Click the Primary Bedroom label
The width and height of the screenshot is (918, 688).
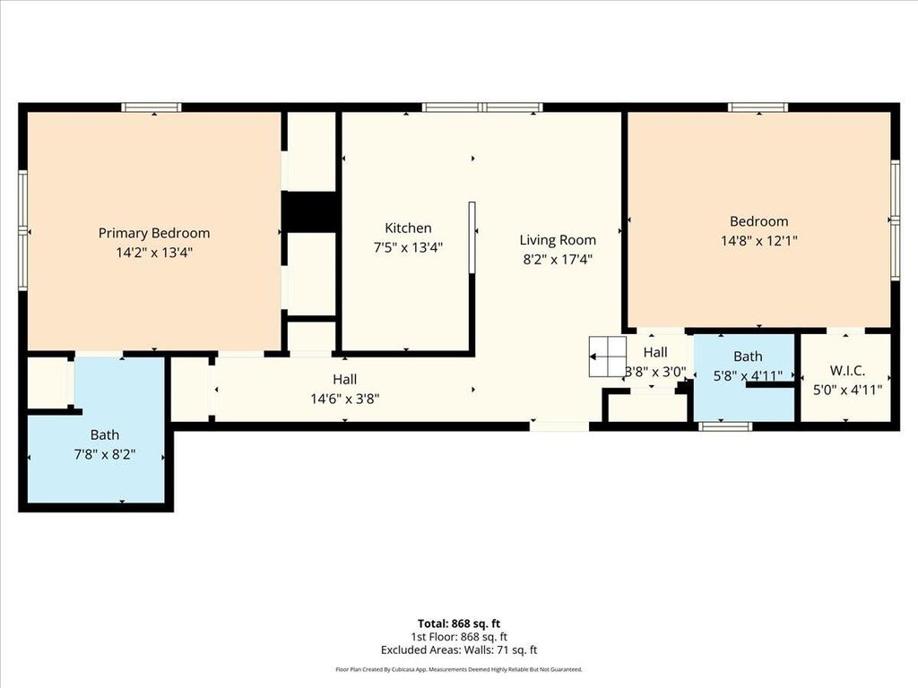(154, 234)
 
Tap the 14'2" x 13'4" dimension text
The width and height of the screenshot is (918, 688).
(154, 253)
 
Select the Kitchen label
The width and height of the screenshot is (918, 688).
(408, 228)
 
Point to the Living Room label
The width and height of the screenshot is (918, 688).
(558, 240)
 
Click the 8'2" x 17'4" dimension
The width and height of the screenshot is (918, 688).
(558, 259)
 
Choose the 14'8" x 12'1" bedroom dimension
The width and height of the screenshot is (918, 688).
(758, 240)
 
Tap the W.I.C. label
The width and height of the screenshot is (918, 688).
(847, 370)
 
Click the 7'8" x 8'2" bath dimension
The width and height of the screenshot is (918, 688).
(105, 454)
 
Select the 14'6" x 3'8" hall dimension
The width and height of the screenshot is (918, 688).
(345, 399)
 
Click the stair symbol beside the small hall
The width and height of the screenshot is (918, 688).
(608, 357)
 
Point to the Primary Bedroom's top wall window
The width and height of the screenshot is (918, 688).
(152, 107)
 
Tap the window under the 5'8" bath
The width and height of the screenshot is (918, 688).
(725, 426)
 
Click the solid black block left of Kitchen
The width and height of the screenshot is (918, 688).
(310, 211)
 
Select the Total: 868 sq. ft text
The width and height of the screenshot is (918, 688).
(459, 623)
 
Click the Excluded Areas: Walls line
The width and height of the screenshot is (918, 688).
(459, 650)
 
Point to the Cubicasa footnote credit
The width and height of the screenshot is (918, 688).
(459, 669)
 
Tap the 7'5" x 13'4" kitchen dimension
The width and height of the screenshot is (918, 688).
(408, 247)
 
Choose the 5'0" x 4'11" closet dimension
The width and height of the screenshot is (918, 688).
(847, 390)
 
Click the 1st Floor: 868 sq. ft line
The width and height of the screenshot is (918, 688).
(459, 637)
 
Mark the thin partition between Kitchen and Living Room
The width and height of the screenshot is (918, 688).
(472, 236)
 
